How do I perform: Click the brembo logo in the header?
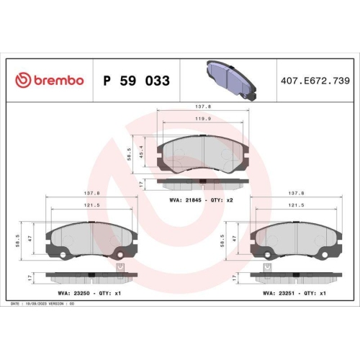click(49, 80)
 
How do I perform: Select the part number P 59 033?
click(137, 81)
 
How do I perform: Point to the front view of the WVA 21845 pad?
click(204, 153)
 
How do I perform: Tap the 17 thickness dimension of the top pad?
click(143, 184)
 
